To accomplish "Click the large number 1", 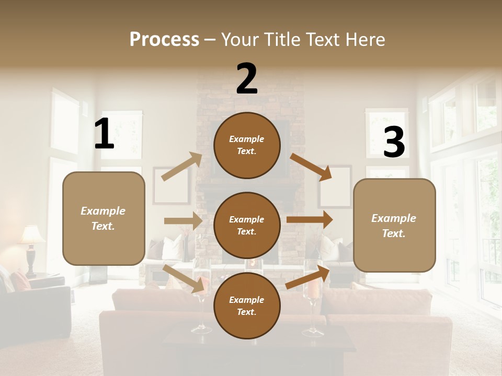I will [x=104, y=134].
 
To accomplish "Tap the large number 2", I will [x=247, y=79].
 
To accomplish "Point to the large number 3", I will [x=394, y=143].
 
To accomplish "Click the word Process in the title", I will [x=164, y=39].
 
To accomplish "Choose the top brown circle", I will [x=247, y=145].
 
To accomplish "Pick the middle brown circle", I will [x=247, y=225].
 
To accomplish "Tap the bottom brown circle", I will [x=247, y=305].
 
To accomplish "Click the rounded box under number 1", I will [x=104, y=218].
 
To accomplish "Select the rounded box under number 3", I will [x=394, y=226].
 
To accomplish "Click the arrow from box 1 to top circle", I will [x=182, y=166].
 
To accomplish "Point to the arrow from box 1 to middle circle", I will [x=183, y=221].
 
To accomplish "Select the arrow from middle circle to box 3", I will [x=310, y=220].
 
